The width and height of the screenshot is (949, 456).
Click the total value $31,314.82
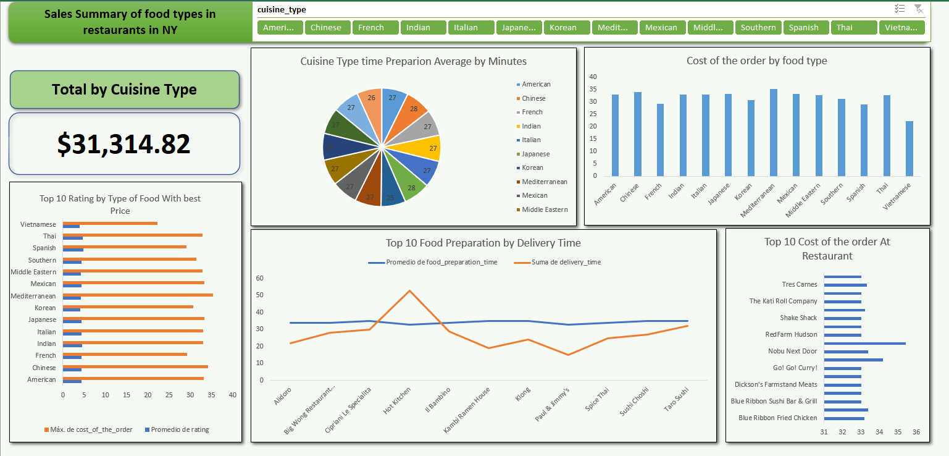pyautogui.click(x=124, y=144)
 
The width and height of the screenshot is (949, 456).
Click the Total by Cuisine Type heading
pyautogui.click(x=124, y=90)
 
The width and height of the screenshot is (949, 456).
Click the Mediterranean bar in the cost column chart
pyautogui.click(x=774, y=132)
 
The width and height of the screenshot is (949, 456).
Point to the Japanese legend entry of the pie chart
pyautogui.click(x=535, y=154)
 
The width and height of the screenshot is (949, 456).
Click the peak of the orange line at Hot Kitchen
pyautogui.click(x=409, y=290)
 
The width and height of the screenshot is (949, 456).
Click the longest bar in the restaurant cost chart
pyautogui.click(x=864, y=343)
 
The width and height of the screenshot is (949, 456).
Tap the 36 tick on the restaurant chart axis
pyautogui.click(x=916, y=432)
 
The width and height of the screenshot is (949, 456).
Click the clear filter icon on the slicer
pyautogui.click(x=919, y=9)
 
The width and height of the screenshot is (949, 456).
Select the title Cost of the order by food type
pyautogui.click(x=756, y=61)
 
